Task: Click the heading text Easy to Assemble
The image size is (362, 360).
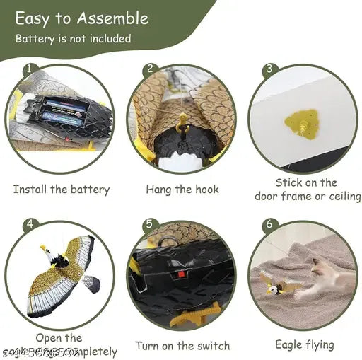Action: [81, 18]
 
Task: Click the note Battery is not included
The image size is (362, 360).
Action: [74, 38]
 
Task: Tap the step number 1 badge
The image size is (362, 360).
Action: [29, 69]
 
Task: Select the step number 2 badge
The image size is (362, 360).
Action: [150, 69]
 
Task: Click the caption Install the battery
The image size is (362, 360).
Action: [62, 190]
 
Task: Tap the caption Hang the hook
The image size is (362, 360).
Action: [182, 190]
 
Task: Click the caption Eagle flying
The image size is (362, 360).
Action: [305, 344]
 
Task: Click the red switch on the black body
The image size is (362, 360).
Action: [187, 274]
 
